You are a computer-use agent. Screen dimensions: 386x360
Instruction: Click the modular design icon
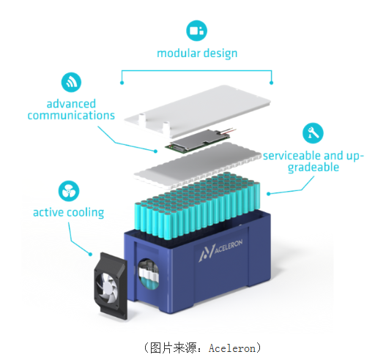196,31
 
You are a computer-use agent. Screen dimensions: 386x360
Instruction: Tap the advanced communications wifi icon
71,82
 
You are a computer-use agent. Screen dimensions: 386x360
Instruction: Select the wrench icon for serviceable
313,133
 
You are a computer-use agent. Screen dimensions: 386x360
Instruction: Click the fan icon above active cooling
69,191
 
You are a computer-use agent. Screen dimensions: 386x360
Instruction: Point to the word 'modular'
179,53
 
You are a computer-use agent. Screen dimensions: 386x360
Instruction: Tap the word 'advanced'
71,104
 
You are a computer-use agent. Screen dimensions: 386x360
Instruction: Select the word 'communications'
71,116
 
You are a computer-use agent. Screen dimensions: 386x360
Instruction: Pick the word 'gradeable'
313,168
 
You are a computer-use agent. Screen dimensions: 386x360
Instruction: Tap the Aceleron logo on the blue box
220,250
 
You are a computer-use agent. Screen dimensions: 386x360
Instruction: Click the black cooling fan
111,286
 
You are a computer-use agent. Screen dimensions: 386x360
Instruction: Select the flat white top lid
198,110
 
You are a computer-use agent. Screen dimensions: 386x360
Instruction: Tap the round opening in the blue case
149,274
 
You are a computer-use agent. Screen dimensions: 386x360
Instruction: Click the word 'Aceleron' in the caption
232,348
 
